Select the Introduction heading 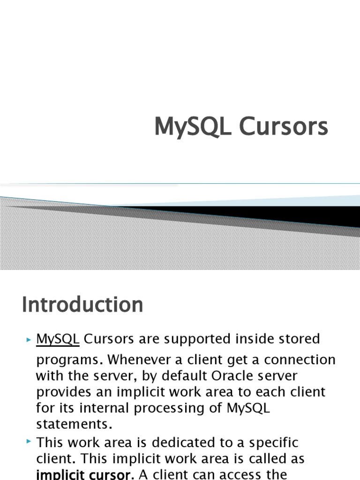click(x=82, y=305)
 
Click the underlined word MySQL click(x=58, y=338)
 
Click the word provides click(x=67, y=392)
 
